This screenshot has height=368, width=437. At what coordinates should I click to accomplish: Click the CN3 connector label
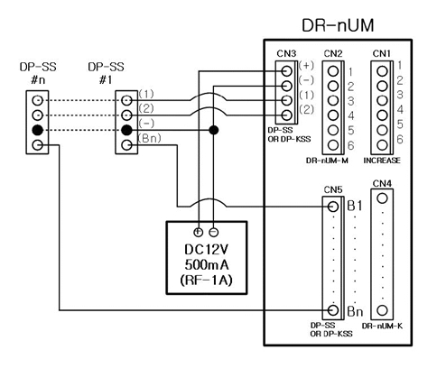click(x=285, y=55)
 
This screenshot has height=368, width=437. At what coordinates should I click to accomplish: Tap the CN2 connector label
click(x=332, y=55)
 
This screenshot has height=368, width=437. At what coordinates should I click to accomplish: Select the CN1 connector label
click(x=382, y=55)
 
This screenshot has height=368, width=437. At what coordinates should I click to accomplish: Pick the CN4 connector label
click(x=382, y=185)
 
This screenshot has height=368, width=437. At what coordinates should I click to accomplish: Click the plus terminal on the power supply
click(x=200, y=229)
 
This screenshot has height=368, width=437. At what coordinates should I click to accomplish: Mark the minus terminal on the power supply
click(x=214, y=229)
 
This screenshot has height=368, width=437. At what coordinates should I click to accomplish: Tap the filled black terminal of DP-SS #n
click(x=36, y=130)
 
